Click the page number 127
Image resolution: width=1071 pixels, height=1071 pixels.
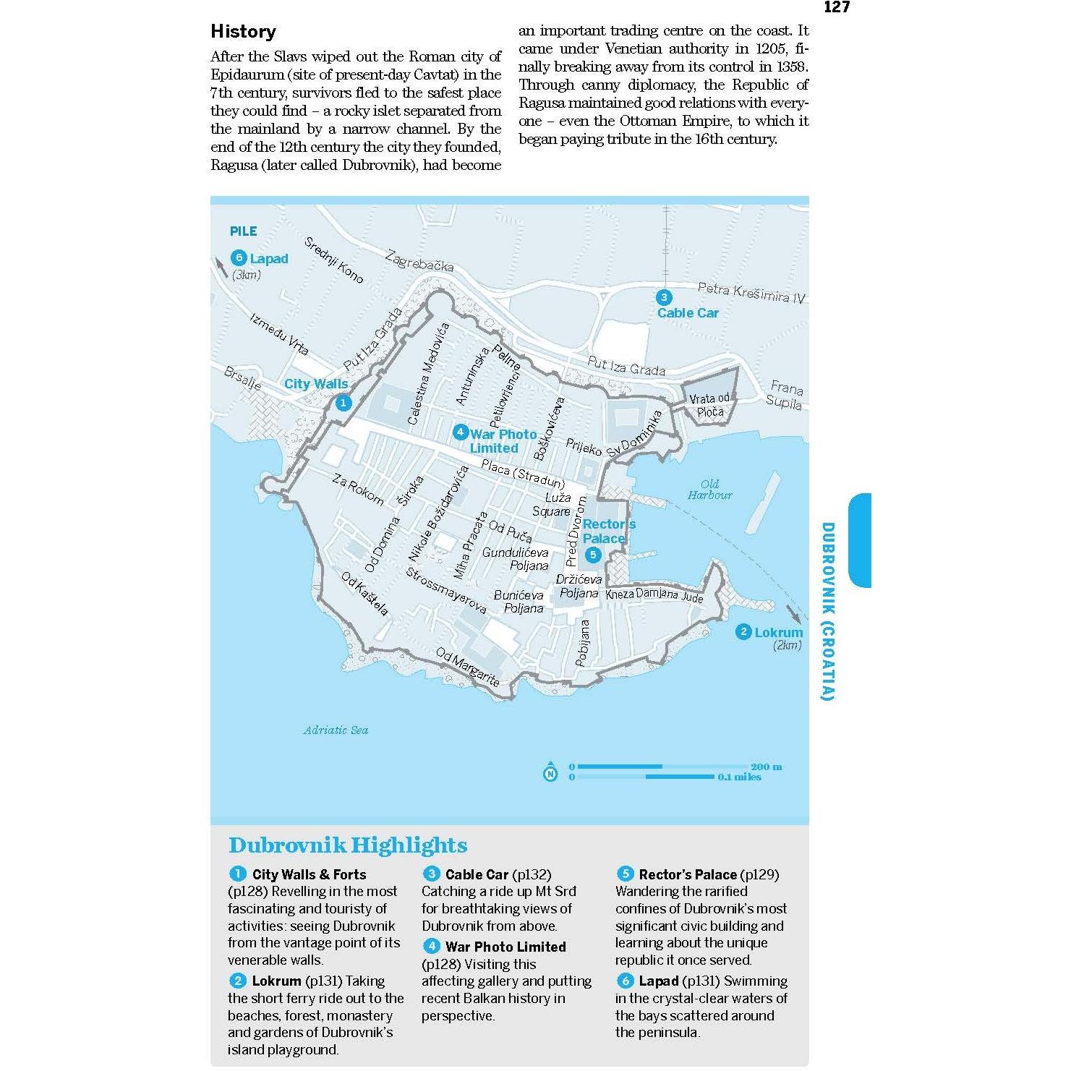point(836,7)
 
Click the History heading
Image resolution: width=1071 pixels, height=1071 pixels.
point(243,32)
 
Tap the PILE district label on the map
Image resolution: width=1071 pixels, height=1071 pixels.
point(243,231)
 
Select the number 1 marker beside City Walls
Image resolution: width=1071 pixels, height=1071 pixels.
point(344,404)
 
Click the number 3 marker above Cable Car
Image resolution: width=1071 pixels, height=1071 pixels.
point(663,297)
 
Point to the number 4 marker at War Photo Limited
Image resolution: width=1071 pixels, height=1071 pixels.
point(460,433)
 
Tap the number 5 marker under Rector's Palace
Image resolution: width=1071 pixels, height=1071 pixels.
point(593,555)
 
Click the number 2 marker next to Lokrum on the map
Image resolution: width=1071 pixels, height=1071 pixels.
point(743,632)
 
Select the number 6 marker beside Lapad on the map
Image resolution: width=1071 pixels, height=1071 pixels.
point(239,258)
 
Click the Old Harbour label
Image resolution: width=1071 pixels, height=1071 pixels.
point(709,490)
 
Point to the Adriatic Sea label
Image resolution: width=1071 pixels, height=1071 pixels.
point(336,730)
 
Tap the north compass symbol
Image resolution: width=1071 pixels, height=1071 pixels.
point(550,773)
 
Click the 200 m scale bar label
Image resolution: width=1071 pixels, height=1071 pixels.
point(766,767)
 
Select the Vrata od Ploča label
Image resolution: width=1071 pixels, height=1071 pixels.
point(710,406)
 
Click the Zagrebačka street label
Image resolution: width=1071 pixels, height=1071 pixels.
point(419,260)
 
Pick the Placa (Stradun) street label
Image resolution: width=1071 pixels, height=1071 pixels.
point(523,474)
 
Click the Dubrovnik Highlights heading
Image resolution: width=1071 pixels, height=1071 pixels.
point(348,845)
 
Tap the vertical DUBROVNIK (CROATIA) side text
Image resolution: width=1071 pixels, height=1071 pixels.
point(828,611)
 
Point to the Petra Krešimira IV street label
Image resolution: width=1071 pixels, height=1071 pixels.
point(751,293)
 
